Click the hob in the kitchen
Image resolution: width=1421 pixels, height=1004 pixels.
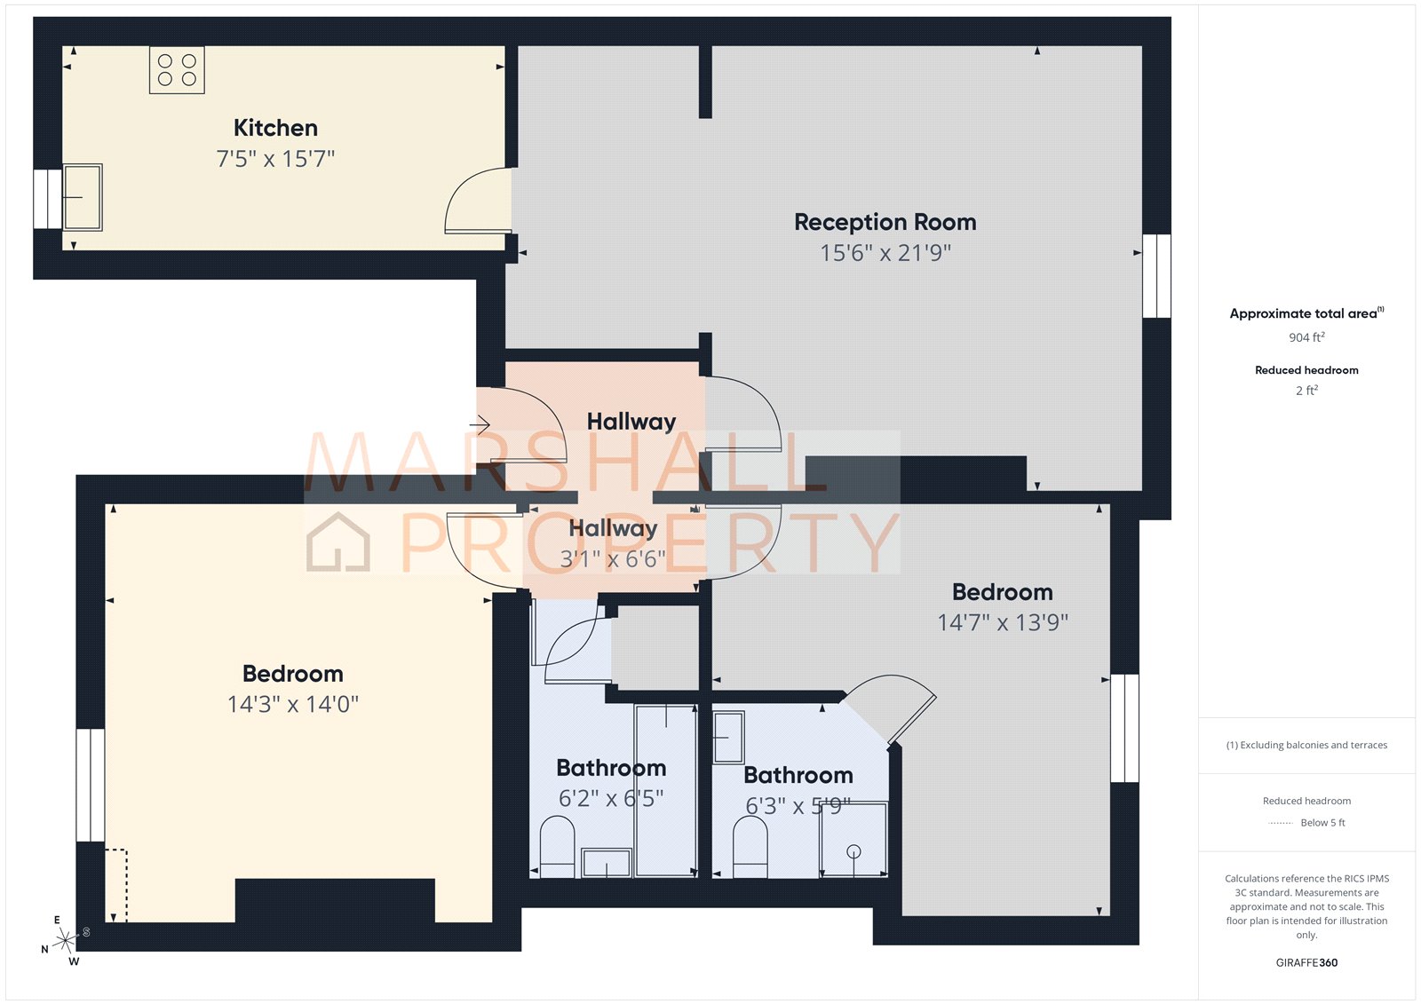(177, 70)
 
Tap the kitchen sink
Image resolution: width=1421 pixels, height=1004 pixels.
(83, 197)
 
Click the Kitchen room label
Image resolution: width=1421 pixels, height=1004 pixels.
(275, 128)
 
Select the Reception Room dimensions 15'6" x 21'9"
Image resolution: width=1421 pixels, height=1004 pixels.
(885, 253)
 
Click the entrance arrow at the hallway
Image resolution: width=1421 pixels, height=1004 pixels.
(480, 425)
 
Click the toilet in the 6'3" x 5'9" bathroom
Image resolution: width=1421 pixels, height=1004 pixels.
(750, 847)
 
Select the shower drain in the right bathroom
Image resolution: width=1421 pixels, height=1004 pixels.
(853, 851)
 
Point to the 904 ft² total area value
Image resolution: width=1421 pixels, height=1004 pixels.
(1306, 337)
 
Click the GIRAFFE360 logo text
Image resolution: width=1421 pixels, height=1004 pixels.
(1306, 962)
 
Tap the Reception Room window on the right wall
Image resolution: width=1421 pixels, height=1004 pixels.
(1155, 276)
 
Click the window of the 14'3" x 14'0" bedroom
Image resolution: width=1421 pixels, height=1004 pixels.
(91, 785)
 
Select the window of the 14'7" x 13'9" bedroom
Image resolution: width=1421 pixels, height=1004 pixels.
(1124, 728)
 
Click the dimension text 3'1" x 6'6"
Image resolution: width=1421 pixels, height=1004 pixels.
(613, 559)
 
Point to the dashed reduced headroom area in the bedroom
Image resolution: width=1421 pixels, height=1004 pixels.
(116, 885)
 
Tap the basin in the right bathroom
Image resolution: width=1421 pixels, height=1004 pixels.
(728, 737)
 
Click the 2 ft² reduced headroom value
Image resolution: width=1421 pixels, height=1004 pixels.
(1306, 391)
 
